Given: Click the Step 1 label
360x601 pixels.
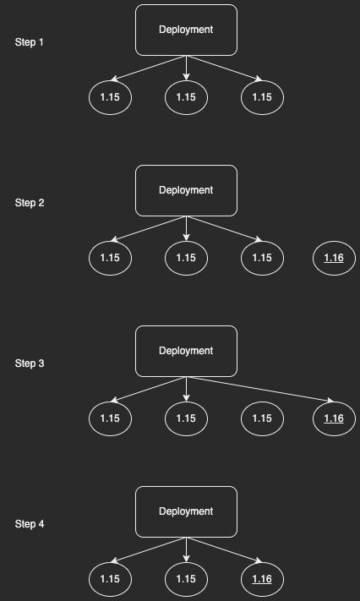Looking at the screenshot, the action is click(x=29, y=42).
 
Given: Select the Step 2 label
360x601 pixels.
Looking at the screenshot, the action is click(x=30, y=203).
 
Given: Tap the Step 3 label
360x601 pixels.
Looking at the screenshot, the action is click(x=30, y=363).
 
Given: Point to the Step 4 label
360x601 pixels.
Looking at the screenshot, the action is click(x=30, y=524).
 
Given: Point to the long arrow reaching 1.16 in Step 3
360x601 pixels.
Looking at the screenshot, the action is click(x=260, y=390).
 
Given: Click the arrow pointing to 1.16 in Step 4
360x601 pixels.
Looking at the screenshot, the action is click(x=224, y=550).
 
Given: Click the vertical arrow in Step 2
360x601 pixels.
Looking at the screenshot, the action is click(x=186, y=228).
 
